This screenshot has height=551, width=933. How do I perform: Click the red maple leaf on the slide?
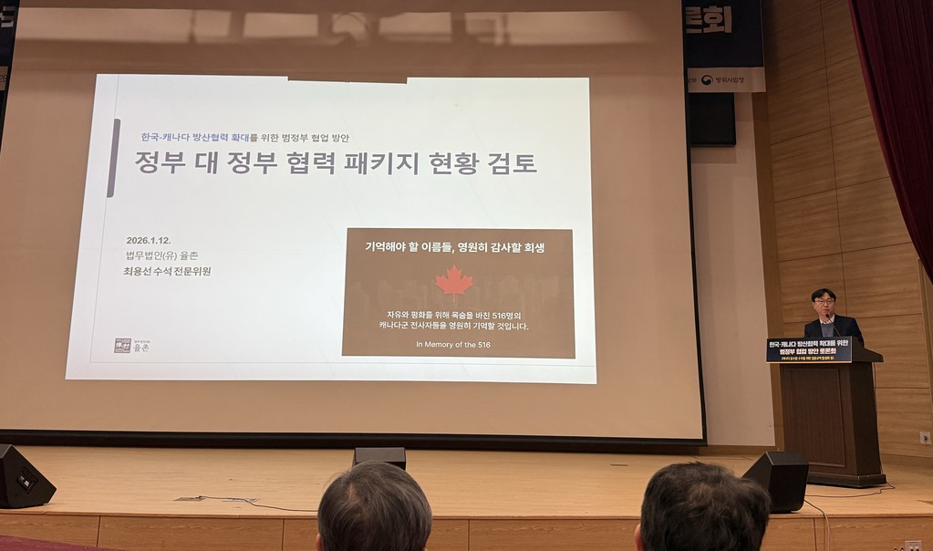(453, 283)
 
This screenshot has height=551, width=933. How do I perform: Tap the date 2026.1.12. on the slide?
(150, 241)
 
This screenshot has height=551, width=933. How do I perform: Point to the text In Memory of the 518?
(452, 344)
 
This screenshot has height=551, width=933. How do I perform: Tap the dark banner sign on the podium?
(809, 349)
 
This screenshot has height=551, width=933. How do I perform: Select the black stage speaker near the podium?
(776, 480)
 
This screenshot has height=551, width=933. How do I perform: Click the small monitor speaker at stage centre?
(379, 455)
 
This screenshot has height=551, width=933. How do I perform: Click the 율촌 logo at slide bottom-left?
(132, 345)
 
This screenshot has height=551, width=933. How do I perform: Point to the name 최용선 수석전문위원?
(168, 271)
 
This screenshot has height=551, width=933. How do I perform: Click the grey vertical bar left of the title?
(113, 157)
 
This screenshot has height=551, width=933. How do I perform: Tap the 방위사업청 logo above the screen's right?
(726, 80)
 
